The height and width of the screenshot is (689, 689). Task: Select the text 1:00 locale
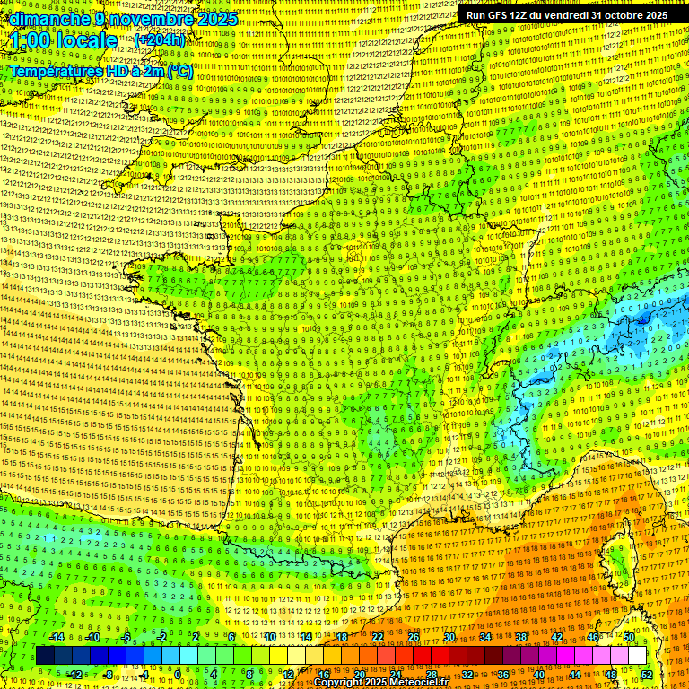[x=63, y=40]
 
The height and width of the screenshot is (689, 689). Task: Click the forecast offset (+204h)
[x=160, y=39]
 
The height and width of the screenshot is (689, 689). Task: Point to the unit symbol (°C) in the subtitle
[x=180, y=71]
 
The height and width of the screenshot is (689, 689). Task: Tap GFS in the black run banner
[x=502, y=15]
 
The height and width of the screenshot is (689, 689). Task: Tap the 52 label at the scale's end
[x=648, y=674]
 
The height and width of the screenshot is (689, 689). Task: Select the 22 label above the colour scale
[x=378, y=637]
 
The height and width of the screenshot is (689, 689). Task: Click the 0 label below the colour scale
[x=177, y=674]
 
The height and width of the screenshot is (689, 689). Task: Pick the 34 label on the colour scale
[x=485, y=637]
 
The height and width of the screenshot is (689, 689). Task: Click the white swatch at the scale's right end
[x=637, y=656]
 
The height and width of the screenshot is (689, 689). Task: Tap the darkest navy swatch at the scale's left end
[x=45, y=656]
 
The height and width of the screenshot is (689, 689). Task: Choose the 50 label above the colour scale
[x=629, y=637]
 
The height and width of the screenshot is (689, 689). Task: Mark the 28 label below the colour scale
[x=432, y=674]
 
